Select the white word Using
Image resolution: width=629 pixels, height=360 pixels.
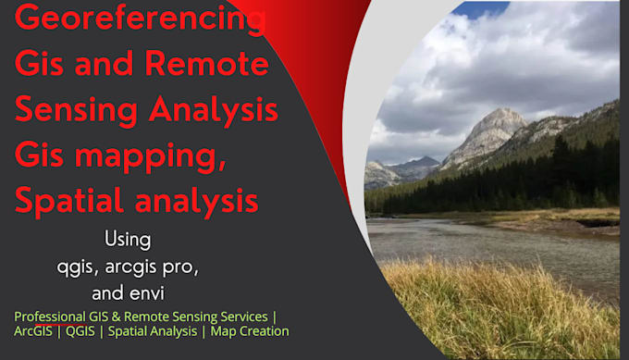pos(127,239)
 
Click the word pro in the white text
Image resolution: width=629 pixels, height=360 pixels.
pos(179,267)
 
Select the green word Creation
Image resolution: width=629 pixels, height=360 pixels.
pos(264,330)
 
